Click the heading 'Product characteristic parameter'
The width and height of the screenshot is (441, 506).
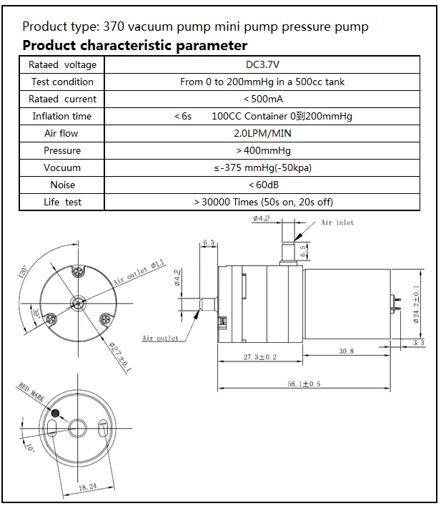coord(135,47)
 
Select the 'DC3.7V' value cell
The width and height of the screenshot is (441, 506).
coord(262,65)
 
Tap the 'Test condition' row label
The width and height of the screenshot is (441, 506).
coord(62,82)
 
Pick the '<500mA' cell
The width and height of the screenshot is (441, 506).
coord(262,99)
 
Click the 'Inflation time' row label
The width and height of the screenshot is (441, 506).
coord(62,116)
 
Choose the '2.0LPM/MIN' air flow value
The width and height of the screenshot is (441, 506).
coord(262,133)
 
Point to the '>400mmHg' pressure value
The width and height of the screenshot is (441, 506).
coord(262,150)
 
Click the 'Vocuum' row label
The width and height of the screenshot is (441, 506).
coord(62,167)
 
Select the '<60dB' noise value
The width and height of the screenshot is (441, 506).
coord(262,185)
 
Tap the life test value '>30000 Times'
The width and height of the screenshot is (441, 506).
coord(263,202)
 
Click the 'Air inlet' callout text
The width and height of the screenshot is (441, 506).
coord(337,223)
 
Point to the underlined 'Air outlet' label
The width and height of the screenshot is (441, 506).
coord(160,338)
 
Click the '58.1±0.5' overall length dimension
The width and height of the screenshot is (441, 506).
coord(304,384)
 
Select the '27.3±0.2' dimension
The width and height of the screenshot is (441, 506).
coord(260,356)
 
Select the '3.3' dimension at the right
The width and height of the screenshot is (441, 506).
coord(419,344)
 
